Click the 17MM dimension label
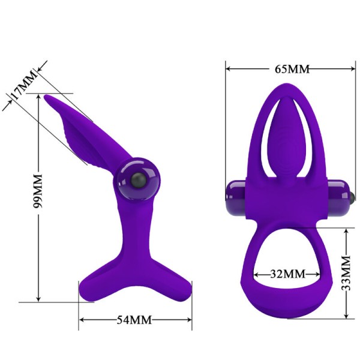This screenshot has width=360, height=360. point(23,88)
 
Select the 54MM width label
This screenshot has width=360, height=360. point(134,319)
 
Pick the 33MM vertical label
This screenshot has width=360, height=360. point(346,274)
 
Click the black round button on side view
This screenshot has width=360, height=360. point(137,181)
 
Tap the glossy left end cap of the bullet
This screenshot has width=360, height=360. point(231,198)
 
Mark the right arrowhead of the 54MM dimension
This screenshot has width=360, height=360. point(189,319)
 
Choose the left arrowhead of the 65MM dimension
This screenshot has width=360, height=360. point(229,68)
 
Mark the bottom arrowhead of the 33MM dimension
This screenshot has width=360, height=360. point(346,316)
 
